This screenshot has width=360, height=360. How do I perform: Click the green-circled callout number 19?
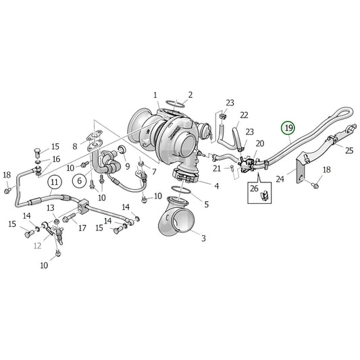click(288, 128)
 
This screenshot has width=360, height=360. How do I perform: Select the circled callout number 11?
click(54, 182)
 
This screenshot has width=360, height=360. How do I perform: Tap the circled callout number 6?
click(79, 181)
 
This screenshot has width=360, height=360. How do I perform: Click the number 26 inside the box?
click(255, 188)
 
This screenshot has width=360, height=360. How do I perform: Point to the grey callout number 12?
click(37, 246)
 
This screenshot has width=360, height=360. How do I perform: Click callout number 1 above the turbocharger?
click(155, 95)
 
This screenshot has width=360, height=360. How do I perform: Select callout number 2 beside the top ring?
click(190, 95)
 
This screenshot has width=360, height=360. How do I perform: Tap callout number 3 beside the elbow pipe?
click(203, 238)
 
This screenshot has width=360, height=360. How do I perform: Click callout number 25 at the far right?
click(349, 151)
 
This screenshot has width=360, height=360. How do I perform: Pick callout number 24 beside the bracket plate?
click(280, 179)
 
